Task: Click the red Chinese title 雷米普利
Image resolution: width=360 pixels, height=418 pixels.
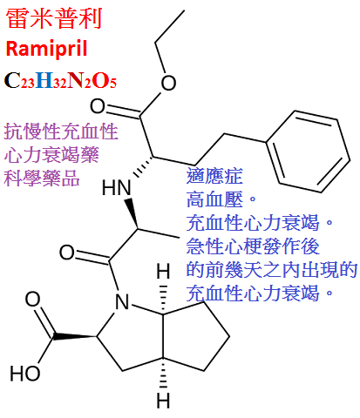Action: pos(54,18)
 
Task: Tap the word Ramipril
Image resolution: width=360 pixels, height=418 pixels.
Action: pos(46,49)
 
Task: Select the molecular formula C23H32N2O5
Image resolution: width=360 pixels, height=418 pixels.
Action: pos(60,80)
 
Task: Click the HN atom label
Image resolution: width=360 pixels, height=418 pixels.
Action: pos(116,187)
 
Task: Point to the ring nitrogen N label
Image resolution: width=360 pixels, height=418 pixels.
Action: pos(122,302)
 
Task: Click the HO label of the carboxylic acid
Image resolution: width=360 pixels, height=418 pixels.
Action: pos(25,373)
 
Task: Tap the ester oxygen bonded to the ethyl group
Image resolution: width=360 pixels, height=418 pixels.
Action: pos(168,83)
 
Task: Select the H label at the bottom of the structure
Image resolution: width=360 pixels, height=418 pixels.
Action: pos(163,401)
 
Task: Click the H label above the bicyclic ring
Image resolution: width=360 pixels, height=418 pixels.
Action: pos(163,272)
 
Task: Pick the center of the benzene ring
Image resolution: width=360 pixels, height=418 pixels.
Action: pos(308,152)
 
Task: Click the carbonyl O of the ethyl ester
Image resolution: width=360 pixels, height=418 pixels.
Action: pos(98,106)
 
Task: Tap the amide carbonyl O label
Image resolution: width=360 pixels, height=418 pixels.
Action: pos(67,253)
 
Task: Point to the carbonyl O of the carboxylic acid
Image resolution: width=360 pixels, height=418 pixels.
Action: pos(32,300)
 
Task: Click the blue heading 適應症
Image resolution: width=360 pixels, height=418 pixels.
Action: pos(214,176)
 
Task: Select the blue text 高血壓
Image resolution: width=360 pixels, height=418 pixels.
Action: pos(214,199)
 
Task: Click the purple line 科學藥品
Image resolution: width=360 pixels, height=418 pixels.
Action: pos(42,178)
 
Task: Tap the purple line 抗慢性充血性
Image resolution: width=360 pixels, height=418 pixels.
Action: pos(61,131)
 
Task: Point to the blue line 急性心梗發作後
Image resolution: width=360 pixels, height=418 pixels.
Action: pos(253,246)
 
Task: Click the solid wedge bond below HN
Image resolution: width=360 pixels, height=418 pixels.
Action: pos(132,213)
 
